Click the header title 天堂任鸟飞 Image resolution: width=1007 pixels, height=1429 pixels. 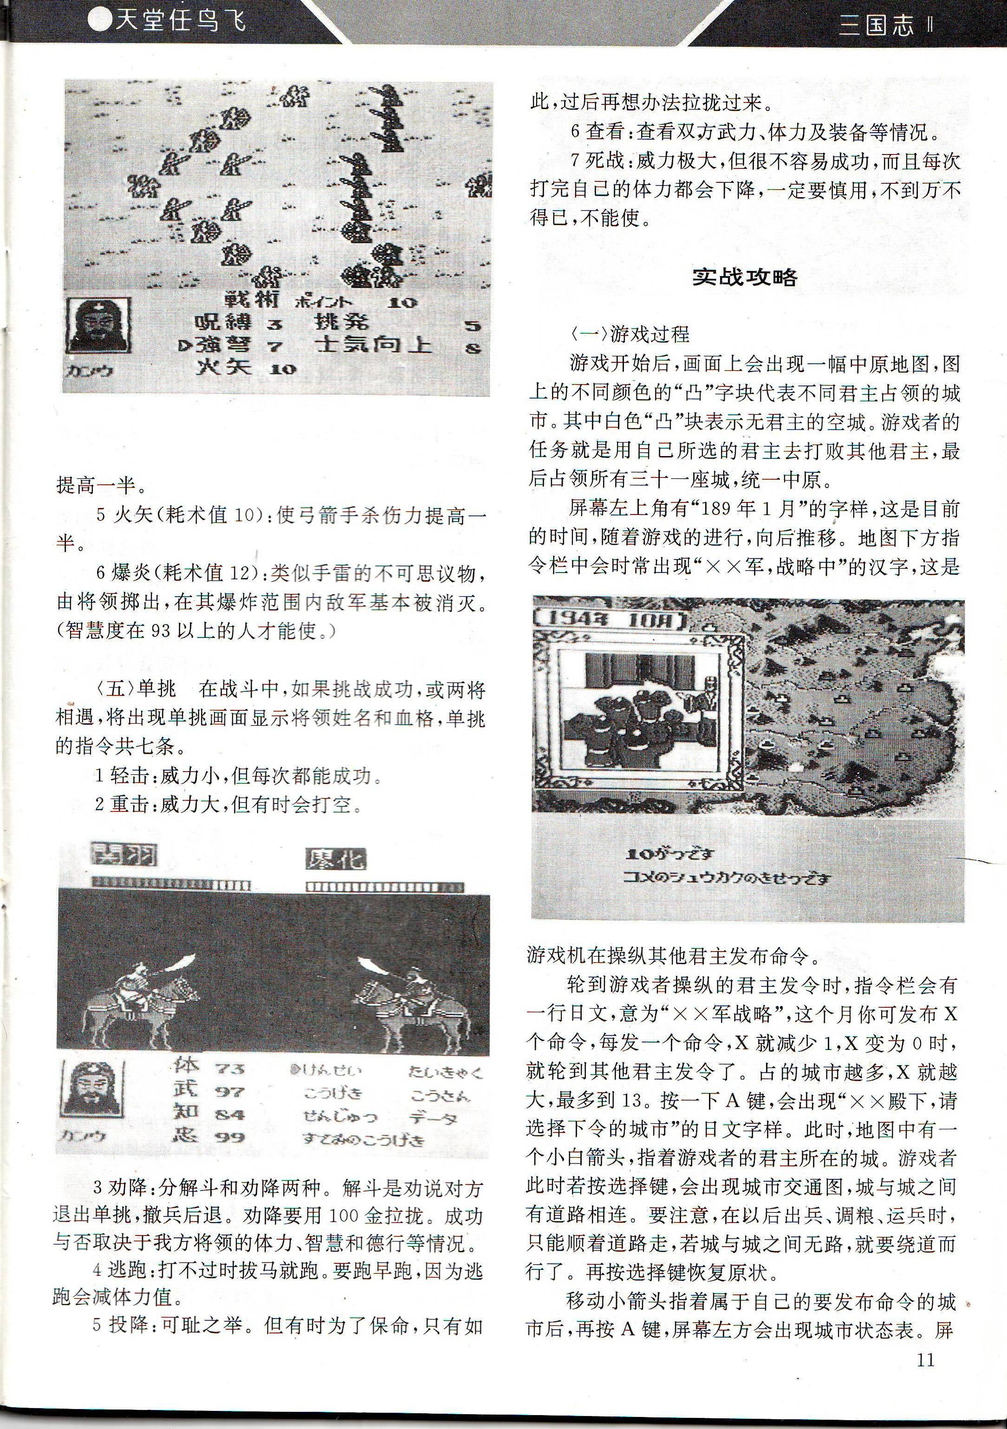pos(168,20)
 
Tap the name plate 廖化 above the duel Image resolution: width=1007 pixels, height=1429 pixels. pos(336,860)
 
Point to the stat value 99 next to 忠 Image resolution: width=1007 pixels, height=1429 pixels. pos(230,1137)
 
